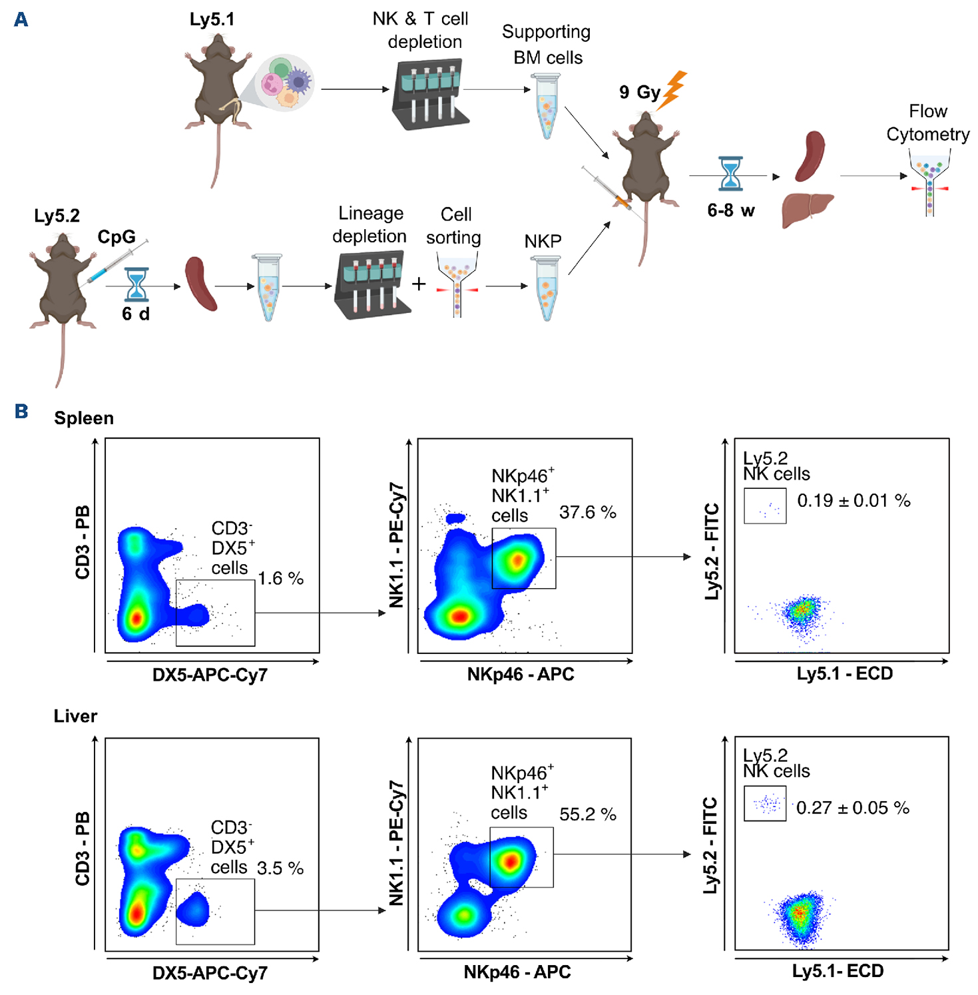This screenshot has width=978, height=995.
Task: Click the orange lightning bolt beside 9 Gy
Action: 673,90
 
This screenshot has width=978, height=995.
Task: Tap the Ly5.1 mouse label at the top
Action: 212,19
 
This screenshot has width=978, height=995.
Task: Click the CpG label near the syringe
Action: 117,236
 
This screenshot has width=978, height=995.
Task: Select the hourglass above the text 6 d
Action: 136,285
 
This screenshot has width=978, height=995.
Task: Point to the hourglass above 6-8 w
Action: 730,174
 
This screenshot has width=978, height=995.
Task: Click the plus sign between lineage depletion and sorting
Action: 419,284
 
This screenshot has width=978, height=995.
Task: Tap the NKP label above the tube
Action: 543,241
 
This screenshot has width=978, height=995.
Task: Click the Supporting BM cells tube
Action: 547,106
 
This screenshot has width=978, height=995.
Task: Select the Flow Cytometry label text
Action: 927,123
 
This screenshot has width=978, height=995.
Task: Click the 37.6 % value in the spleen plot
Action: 587,512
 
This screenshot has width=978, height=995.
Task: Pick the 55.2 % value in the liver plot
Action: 587,814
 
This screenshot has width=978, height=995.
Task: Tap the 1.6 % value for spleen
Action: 280,578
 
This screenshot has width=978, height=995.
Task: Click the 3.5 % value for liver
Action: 280,868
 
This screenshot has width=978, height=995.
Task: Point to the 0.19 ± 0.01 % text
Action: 854,501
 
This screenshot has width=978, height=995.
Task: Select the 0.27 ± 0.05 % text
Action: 853,808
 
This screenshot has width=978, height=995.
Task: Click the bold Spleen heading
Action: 84,418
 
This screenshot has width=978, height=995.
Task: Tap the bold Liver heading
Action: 75,716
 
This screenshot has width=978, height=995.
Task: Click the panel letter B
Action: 21,411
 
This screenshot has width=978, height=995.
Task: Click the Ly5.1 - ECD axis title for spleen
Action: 845,673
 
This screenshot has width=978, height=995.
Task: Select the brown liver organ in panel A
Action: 808,208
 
